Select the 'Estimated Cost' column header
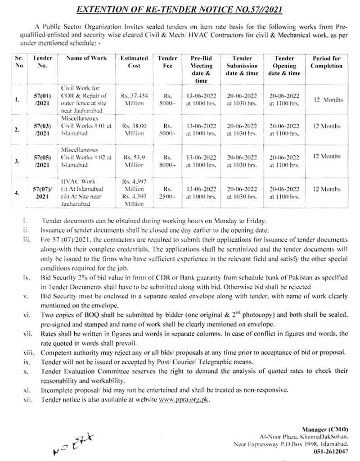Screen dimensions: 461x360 pos(134,62)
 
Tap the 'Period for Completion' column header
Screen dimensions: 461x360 pos(327,62)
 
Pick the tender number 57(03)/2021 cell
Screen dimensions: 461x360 pos(43,130)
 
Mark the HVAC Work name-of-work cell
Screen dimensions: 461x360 pos(86,192)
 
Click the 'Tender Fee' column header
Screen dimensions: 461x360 pos(168,62)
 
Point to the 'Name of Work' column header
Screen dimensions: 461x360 pos(86,58)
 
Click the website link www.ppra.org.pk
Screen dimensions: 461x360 pos(184,399)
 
